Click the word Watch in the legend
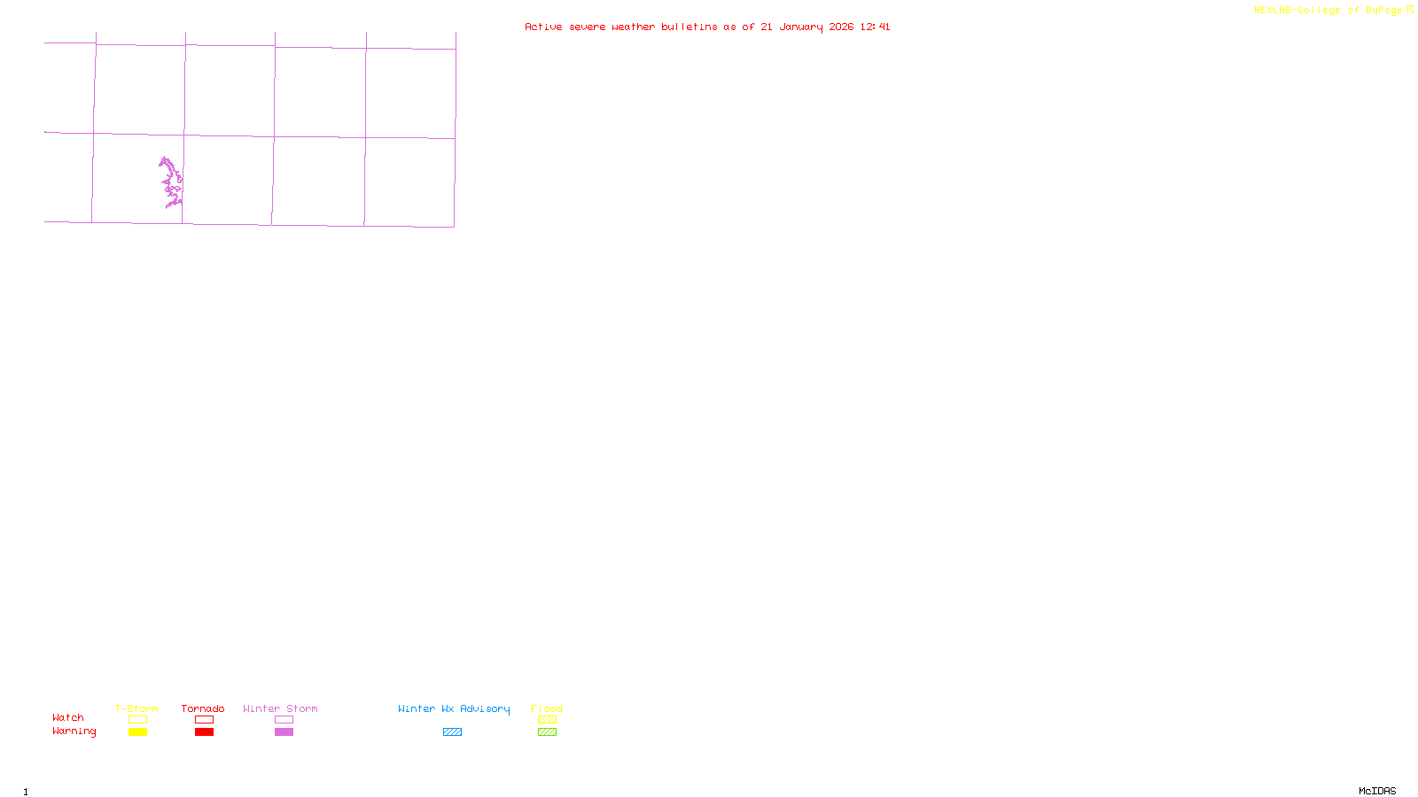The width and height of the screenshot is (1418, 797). (68, 718)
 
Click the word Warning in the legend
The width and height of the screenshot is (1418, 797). (74, 731)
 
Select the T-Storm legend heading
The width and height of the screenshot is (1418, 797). (136, 708)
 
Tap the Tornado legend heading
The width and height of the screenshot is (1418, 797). (203, 708)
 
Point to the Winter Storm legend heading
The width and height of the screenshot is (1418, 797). (280, 708)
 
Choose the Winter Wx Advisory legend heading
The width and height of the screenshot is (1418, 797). (454, 708)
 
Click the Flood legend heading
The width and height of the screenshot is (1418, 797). (547, 708)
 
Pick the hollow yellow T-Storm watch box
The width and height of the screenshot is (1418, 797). (137, 720)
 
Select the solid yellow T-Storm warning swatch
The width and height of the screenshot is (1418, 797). (137, 732)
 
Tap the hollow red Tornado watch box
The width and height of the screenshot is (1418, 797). (204, 720)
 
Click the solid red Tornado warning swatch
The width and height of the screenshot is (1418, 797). (204, 732)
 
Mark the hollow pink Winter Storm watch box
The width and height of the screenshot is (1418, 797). (284, 720)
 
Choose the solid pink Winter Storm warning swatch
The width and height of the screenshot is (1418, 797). (284, 732)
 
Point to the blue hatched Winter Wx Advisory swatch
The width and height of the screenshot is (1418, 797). (452, 732)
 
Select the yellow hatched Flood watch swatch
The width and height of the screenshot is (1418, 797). (547, 720)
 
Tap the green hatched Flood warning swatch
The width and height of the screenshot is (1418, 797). (547, 732)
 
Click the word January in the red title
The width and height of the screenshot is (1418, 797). (800, 27)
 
